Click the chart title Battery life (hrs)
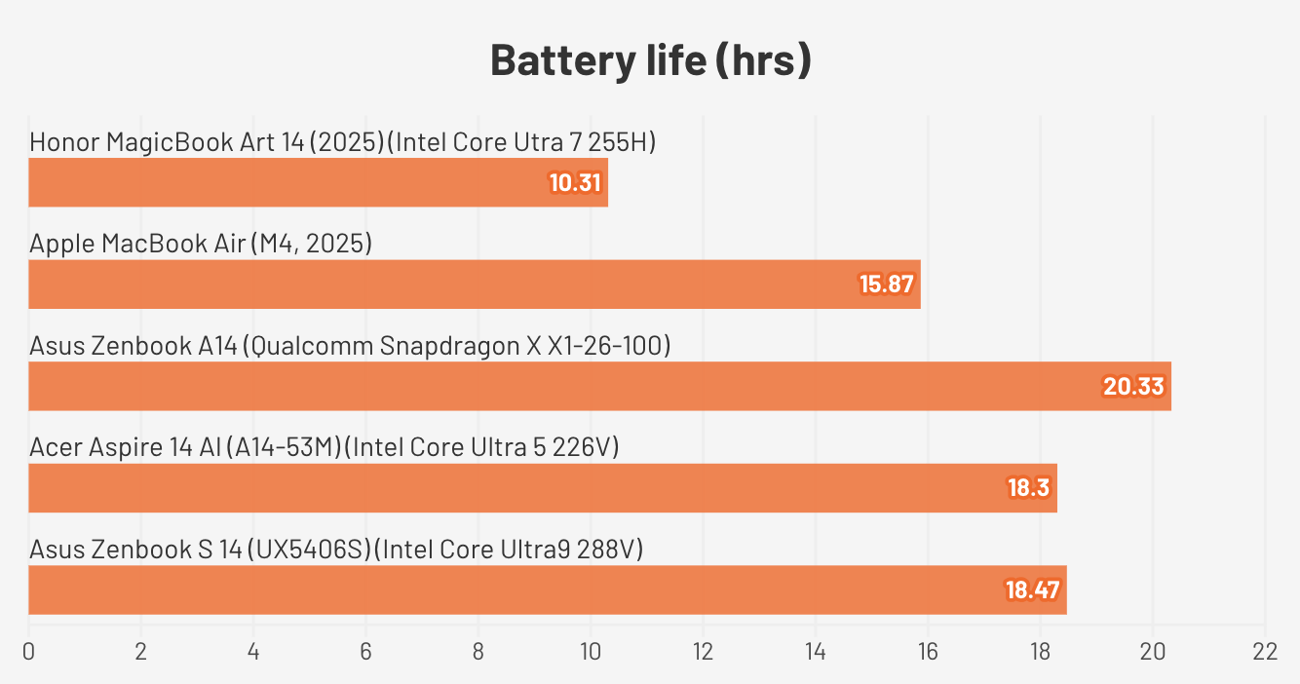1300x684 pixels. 650,60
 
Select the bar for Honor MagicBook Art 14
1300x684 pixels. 292,183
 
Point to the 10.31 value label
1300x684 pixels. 576,183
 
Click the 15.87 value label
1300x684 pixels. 889,285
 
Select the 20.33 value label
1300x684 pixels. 1133,387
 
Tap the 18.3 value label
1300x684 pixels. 1029,488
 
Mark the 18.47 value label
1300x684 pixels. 1033,589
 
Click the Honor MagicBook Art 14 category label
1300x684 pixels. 342,142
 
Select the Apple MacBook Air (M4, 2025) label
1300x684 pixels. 201,244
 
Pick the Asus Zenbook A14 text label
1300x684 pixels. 350,346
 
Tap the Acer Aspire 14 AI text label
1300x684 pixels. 325,447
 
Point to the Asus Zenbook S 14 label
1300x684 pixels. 336,550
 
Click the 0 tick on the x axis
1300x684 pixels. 28,652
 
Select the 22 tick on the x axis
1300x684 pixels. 1264,652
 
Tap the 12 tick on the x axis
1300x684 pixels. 703,652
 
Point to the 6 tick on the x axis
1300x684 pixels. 365,652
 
